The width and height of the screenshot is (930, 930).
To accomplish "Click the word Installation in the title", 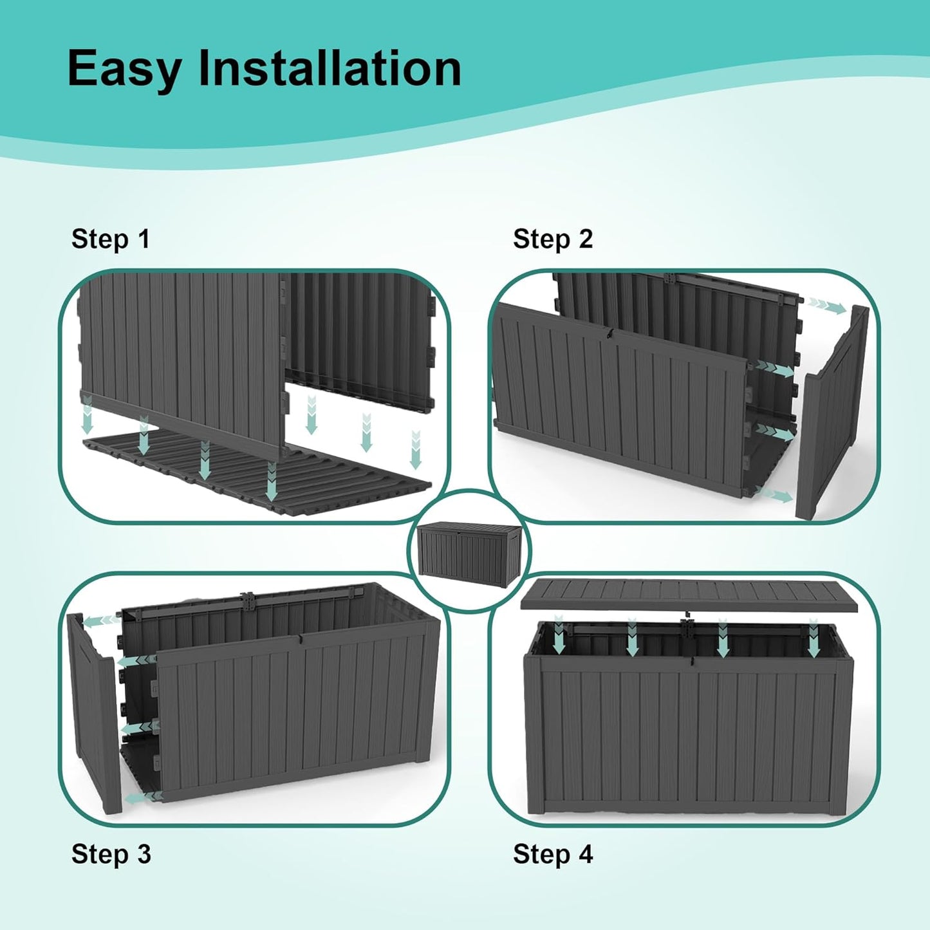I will click(x=330, y=68).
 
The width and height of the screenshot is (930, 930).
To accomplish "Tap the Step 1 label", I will click(x=110, y=239).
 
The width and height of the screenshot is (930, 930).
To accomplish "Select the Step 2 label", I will click(x=552, y=239).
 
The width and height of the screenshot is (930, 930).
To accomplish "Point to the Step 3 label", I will click(x=111, y=854).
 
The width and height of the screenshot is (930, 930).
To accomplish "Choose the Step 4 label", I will click(x=552, y=854).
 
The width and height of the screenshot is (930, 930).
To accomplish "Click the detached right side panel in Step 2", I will click(x=832, y=415).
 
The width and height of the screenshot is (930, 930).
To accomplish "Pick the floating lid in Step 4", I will click(x=698, y=594).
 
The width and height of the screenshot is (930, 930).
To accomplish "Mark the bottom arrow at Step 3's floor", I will click(x=142, y=798).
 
